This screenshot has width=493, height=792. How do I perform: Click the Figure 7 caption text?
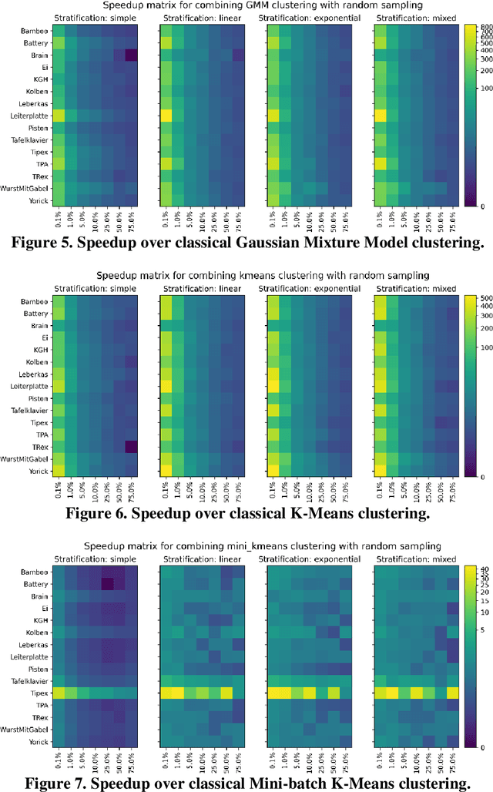click(x=246, y=782)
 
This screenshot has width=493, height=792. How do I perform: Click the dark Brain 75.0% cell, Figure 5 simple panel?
click(x=130, y=55)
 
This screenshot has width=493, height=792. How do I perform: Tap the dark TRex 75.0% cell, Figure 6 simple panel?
click(x=130, y=447)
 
